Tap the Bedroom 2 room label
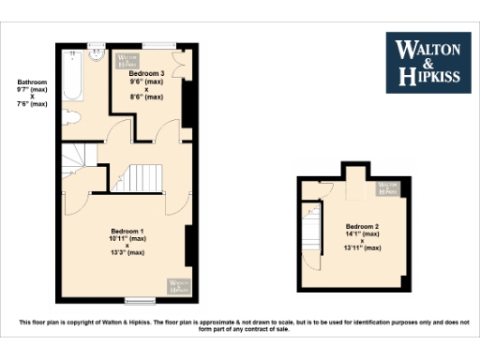pos(363,227)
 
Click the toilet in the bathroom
pos(72,116)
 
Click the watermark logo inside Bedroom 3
pos(125,59)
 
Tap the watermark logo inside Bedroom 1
pos(176,284)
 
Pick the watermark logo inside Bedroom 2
pos(388,187)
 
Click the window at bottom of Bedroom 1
pos(141,300)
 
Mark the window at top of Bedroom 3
pos(158,43)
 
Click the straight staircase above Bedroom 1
pos(144,176)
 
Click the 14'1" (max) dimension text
pos(363,237)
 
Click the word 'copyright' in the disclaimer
pos(93,322)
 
